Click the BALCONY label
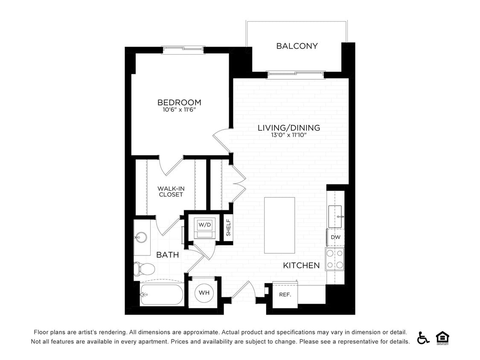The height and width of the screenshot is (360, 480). (x=297, y=46)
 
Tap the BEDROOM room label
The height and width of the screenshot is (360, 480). (x=179, y=102)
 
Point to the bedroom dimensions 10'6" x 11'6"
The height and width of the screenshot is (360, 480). (x=179, y=110)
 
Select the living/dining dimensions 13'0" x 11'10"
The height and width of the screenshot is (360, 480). (x=288, y=135)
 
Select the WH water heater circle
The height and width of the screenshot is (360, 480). (x=204, y=293)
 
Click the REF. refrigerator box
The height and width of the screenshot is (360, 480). (x=285, y=295)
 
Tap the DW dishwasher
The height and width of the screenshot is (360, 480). (x=335, y=237)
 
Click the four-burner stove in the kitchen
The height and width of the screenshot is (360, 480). (x=335, y=259)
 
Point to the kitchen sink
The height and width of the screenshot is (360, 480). (x=335, y=216)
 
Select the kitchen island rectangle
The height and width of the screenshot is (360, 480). (x=279, y=225)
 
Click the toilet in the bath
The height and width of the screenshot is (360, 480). (x=144, y=269)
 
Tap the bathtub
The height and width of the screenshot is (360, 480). (x=162, y=294)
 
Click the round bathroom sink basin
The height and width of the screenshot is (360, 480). (x=141, y=237)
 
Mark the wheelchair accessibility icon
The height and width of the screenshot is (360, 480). (x=423, y=337)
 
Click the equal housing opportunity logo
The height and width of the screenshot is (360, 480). (x=442, y=337)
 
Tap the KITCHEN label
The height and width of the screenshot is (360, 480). (x=301, y=265)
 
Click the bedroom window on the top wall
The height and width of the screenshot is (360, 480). (x=183, y=49)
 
